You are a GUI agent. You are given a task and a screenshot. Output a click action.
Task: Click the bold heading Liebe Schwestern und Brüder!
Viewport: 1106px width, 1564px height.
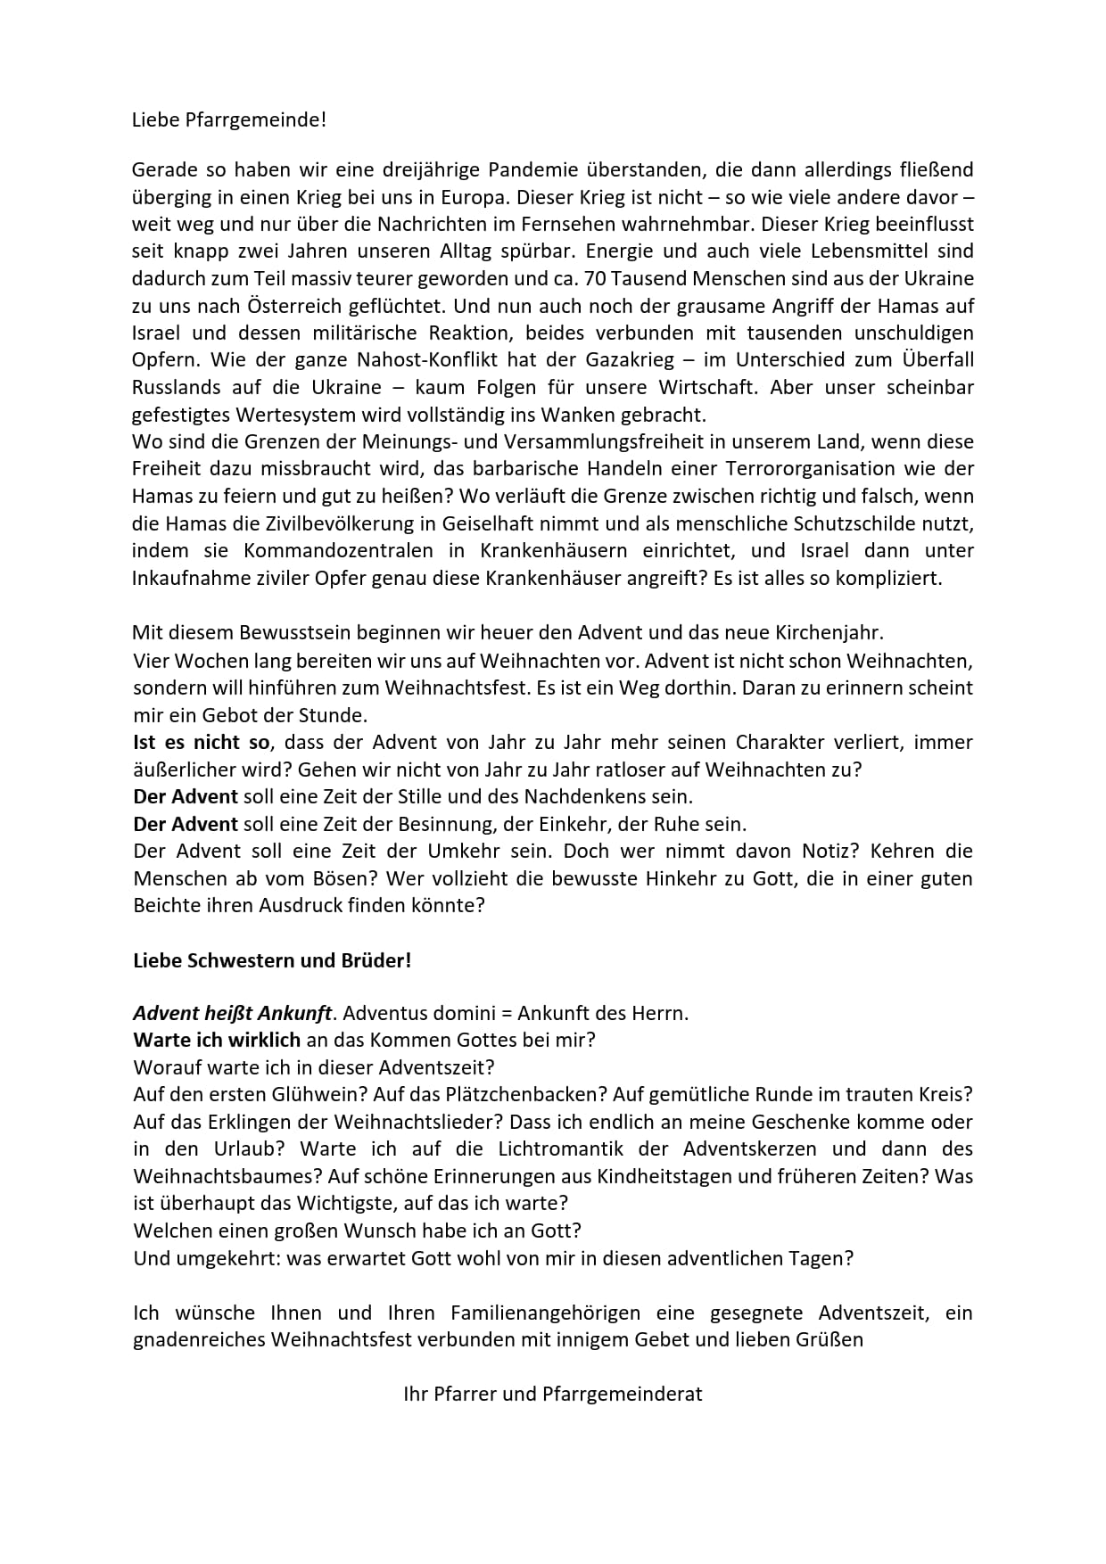pos(272,960)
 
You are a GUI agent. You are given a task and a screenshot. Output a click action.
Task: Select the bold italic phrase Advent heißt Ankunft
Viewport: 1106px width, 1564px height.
pos(232,1014)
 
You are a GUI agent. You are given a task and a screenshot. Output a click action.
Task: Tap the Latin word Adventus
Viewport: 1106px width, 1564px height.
pos(382,1014)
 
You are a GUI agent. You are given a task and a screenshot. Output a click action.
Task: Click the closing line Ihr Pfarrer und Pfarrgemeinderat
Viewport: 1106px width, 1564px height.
pos(552,1394)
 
